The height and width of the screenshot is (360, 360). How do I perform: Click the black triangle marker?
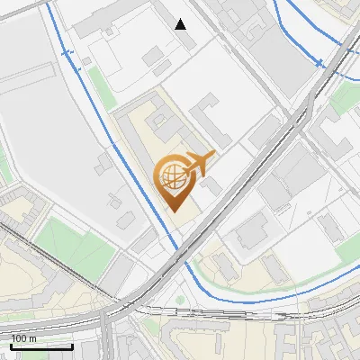[181, 24]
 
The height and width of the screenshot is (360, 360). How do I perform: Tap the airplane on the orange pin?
[199, 163]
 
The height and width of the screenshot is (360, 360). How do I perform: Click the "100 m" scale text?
[23, 339]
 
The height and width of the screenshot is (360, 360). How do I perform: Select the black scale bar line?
[41, 346]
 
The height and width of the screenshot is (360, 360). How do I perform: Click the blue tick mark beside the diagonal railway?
[319, 62]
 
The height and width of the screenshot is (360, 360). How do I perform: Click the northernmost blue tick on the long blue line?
[67, 53]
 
